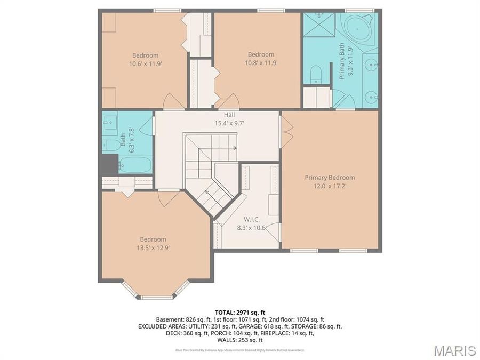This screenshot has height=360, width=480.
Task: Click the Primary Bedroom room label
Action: (330, 178)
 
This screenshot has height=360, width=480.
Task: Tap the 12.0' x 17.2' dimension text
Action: (330, 186)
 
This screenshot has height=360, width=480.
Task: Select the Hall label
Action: (229, 114)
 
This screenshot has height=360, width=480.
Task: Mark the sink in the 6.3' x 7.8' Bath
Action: (110, 123)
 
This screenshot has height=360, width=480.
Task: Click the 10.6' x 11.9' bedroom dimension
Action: (145, 63)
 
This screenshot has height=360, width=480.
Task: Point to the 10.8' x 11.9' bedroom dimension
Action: (261, 62)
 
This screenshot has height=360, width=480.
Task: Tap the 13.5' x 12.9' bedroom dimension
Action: (153, 247)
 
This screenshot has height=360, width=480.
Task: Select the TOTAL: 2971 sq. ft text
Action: (239, 312)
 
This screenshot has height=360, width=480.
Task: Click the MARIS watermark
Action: (454, 350)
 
